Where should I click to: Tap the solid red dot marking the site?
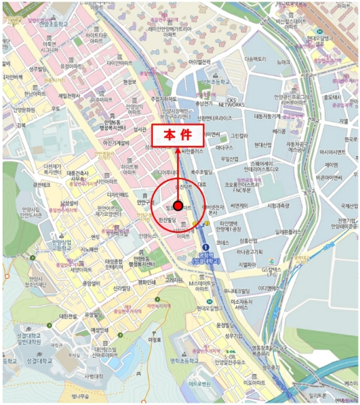point(178,206)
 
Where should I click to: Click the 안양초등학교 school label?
point(53,25)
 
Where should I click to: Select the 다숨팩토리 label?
point(255,59)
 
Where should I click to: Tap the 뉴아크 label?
point(283,61)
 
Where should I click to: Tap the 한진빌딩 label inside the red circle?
point(170,220)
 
